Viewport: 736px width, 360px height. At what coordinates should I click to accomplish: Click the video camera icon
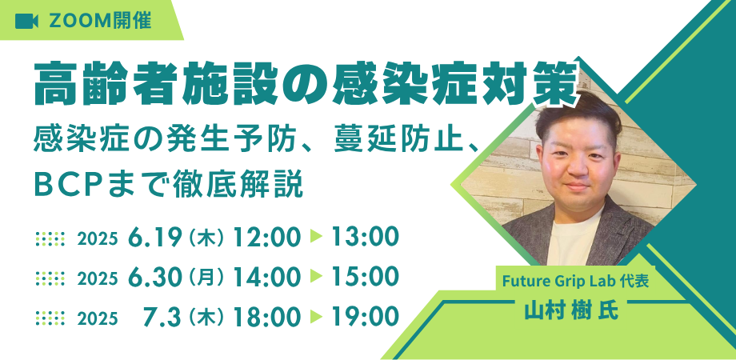(x=26, y=21)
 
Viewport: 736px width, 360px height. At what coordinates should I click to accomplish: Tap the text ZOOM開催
(x=100, y=21)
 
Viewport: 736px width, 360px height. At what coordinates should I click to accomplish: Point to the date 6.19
(x=155, y=238)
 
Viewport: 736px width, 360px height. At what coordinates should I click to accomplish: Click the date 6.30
(x=155, y=278)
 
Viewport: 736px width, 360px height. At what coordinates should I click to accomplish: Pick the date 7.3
(x=162, y=318)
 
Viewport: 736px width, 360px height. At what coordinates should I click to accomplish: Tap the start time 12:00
(x=266, y=238)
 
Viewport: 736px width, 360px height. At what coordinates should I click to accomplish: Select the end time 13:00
(x=365, y=238)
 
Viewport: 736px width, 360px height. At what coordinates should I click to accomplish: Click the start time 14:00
(x=266, y=278)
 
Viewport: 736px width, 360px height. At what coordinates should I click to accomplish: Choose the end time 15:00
(x=365, y=278)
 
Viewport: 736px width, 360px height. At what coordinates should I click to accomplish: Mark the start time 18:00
(x=266, y=318)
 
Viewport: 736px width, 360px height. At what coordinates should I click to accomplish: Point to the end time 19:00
(x=365, y=318)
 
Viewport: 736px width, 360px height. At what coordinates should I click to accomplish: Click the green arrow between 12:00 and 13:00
(x=316, y=237)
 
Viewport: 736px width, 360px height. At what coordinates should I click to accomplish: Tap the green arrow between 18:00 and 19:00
(x=316, y=318)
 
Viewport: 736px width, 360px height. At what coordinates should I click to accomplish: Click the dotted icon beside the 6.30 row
(x=50, y=278)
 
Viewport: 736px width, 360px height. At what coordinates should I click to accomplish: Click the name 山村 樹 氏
(x=571, y=310)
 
